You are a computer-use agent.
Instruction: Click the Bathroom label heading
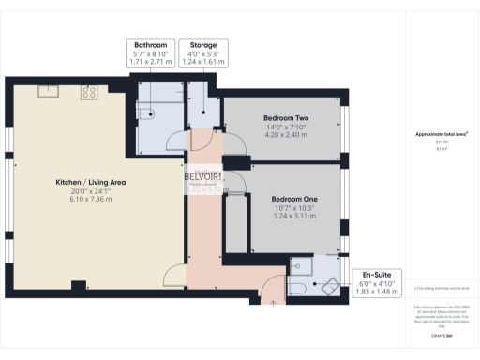click(x=151, y=44)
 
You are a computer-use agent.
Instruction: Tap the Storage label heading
click(x=205, y=44)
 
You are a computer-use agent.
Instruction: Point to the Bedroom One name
click(x=293, y=200)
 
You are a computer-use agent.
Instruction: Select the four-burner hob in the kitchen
click(x=90, y=92)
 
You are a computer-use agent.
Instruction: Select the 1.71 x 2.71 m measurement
click(x=151, y=61)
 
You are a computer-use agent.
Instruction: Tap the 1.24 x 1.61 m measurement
click(x=205, y=61)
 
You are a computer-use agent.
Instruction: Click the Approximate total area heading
click(x=442, y=135)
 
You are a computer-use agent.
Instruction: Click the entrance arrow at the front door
click(x=272, y=301)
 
